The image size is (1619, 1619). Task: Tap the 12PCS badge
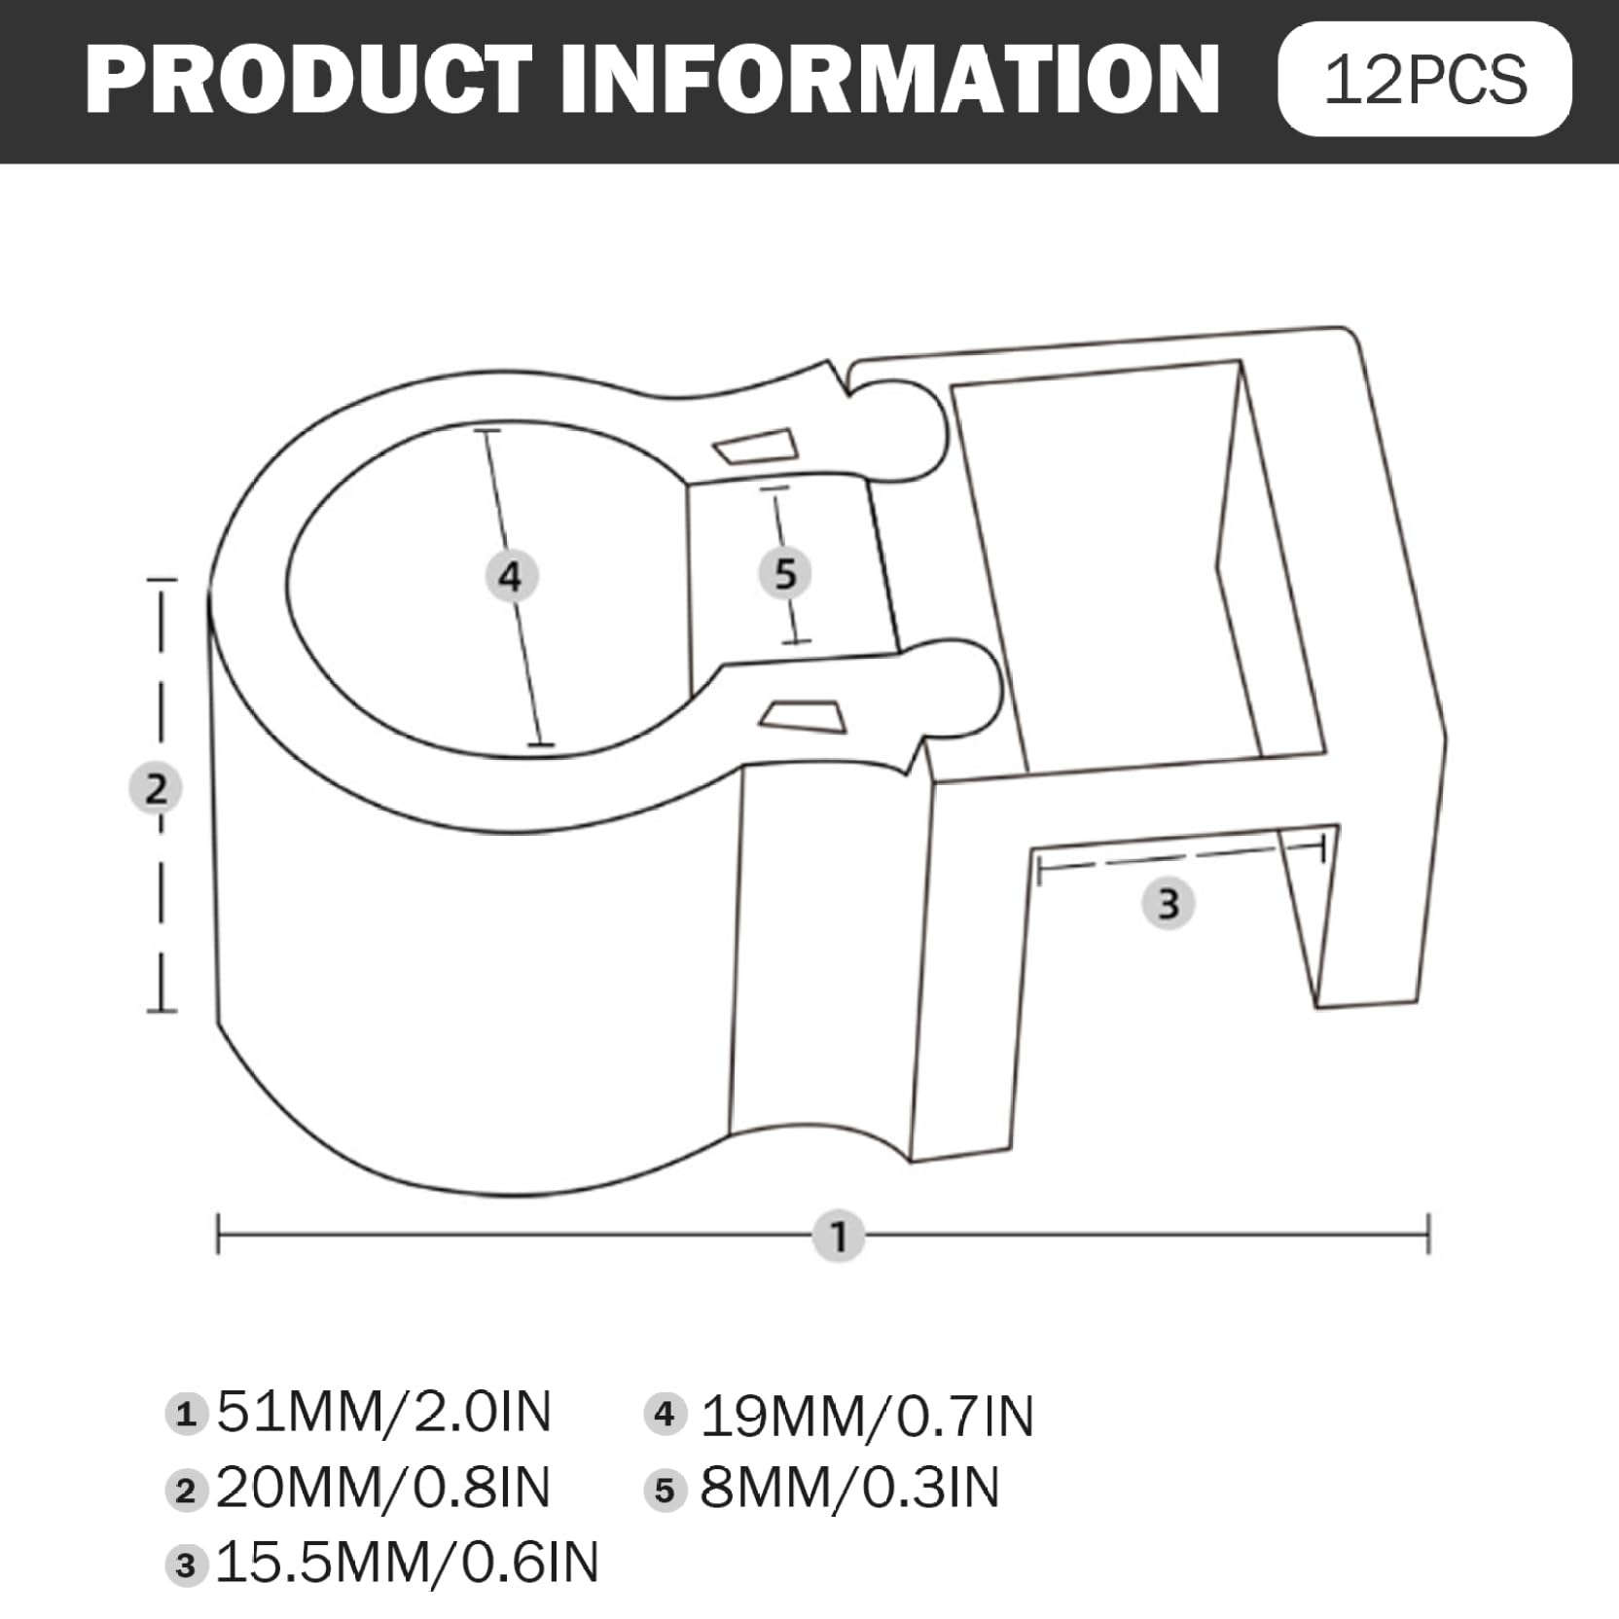[x=1424, y=78]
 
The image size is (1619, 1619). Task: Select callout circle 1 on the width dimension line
[x=838, y=1236]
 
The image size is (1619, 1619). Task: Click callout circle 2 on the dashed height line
[x=156, y=788]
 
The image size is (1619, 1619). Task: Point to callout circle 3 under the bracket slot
[x=1168, y=904]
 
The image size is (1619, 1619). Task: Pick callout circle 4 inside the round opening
[x=511, y=577]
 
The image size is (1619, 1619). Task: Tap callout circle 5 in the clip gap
[x=785, y=574]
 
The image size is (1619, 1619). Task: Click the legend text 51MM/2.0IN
[x=383, y=1412]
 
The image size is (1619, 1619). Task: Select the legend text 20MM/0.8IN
[x=383, y=1488]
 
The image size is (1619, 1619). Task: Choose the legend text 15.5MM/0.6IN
[x=407, y=1563]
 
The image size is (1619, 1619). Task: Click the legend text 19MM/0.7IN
[x=867, y=1416]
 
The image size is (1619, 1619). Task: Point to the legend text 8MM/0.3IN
[x=849, y=1488]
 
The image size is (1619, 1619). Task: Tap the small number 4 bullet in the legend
[x=665, y=1414]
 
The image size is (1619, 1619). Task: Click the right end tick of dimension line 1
[x=1428, y=1234]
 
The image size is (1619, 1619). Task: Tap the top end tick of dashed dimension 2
[x=162, y=580]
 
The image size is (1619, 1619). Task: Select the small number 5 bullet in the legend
[x=665, y=1491]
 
